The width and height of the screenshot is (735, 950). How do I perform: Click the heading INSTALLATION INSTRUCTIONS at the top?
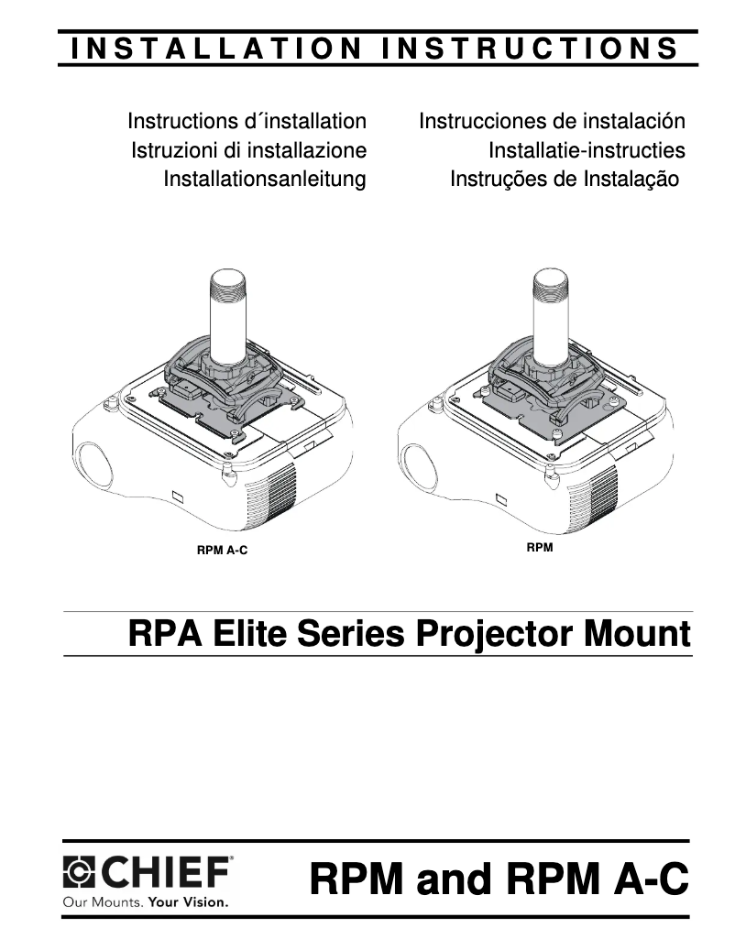(376, 48)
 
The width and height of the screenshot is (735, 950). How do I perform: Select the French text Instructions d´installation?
(247, 121)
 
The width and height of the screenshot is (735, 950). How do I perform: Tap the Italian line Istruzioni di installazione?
(248, 149)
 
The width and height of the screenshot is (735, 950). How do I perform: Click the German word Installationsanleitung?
(264, 179)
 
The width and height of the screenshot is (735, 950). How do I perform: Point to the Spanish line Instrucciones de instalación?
(552, 121)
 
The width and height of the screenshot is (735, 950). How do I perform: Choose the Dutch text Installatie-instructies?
(587, 149)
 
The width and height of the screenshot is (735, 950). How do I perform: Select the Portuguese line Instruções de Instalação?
(564, 179)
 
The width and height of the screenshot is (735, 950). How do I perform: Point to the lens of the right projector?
(418, 464)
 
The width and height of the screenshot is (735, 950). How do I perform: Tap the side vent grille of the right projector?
(601, 497)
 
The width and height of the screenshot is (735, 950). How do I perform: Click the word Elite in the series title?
(244, 634)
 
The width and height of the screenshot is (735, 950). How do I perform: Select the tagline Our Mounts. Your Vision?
(145, 901)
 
